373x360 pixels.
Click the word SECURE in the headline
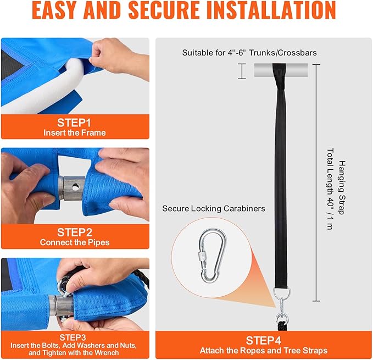[164, 10]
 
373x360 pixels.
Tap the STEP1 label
[74, 123]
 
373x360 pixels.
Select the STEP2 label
[75, 232]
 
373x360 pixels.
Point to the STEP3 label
[73, 337]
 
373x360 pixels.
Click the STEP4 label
[263, 341]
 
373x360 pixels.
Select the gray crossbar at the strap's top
[281, 70]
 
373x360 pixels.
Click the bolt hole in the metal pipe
[76, 187]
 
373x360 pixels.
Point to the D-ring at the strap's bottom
[281, 292]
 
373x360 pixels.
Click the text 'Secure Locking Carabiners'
[214, 209]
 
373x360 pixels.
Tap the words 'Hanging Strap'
[342, 187]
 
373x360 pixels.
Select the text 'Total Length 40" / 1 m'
[330, 189]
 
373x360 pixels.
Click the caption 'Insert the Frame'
[75, 133]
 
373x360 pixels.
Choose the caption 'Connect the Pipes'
[75, 242]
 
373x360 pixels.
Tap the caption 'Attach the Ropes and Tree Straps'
[264, 351]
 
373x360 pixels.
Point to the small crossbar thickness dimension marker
[242, 71]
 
